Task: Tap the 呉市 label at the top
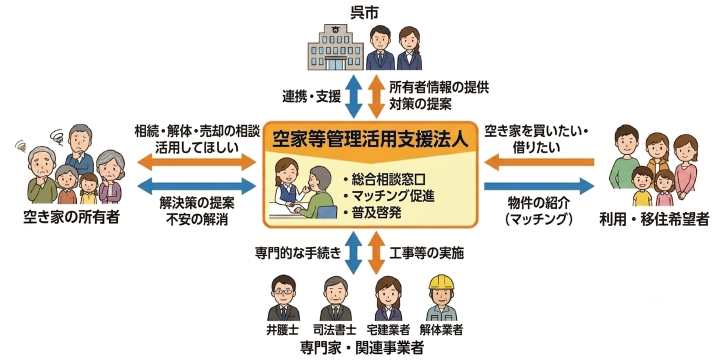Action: (x=364, y=13)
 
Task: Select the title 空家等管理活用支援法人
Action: (x=370, y=140)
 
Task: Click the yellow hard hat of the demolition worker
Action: (x=441, y=282)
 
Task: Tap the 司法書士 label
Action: (x=335, y=329)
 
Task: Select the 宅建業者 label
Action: (x=388, y=329)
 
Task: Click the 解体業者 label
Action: (x=441, y=329)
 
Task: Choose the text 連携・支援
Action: (x=311, y=96)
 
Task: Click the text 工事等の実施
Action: (x=426, y=253)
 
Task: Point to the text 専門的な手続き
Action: (x=298, y=253)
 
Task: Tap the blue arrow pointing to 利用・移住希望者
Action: (x=539, y=186)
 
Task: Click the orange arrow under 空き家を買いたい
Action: (x=539, y=162)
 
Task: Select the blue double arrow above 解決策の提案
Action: (x=197, y=186)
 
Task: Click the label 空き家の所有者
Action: (x=71, y=217)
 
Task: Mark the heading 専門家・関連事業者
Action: (x=362, y=347)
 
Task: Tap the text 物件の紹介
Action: (x=539, y=203)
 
